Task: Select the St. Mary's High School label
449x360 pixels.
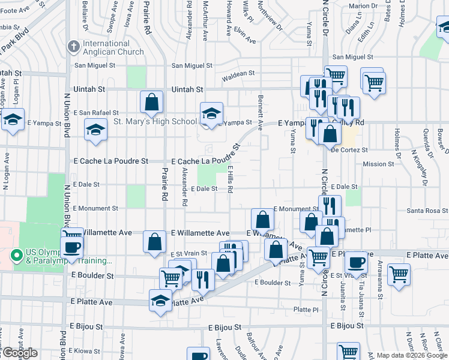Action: coord(155,122)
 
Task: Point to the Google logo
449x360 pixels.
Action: coord(20,353)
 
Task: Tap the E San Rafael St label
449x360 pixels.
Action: coord(96,113)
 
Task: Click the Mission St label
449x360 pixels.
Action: coord(378,163)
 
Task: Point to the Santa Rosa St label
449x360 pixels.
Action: coord(427,211)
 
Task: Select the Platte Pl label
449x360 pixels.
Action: coord(306,310)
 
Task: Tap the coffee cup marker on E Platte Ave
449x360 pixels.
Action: coord(357,262)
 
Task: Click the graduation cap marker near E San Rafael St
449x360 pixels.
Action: coord(95,130)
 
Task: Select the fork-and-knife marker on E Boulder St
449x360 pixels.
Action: coord(203,279)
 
